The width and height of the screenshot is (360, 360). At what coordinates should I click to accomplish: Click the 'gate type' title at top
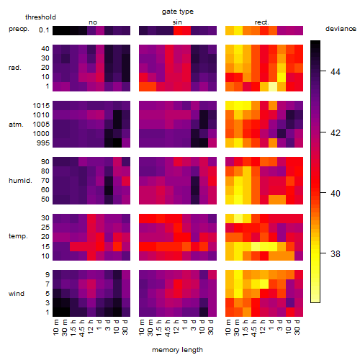178,12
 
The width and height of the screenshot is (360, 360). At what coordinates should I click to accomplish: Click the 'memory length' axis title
177,350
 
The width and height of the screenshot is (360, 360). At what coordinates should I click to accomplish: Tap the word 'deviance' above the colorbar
341,29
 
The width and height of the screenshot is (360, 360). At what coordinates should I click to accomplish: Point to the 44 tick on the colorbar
323,71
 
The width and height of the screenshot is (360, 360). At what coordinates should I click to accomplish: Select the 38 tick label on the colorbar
336,253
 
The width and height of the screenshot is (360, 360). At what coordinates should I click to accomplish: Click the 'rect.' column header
261,22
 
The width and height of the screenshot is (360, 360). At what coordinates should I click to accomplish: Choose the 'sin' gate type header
177,22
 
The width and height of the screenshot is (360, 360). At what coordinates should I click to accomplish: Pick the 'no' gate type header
93,22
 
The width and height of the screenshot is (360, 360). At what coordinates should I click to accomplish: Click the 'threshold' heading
40,17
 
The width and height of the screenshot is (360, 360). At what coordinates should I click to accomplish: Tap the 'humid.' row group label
20,181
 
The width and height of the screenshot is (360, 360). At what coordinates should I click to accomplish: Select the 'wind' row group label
17,294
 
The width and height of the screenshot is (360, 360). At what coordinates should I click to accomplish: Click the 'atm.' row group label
16,125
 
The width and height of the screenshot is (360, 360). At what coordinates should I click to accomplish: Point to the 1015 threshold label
41,106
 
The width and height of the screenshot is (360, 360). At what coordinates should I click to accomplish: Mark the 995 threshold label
43,143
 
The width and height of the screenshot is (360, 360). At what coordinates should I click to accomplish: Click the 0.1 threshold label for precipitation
44,30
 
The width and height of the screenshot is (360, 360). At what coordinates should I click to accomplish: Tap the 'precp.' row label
19,29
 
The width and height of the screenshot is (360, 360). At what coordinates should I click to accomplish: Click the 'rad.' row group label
15,68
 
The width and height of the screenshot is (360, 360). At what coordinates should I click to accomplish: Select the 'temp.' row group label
18,236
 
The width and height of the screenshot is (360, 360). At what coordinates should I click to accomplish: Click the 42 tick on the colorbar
323,132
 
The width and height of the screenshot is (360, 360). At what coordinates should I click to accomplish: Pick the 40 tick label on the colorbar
336,193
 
